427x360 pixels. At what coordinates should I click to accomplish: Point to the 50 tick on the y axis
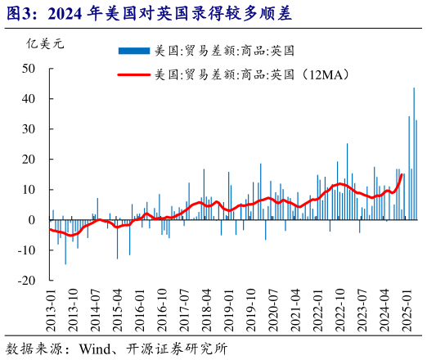(x=29, y=69)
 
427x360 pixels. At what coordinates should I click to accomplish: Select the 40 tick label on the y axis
(x=29, y=99)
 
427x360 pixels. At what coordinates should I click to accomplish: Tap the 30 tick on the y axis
(x=29, y=129)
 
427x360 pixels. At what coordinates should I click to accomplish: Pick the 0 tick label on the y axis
(x=32, y=219)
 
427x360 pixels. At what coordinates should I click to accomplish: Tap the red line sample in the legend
(x=134, y=75)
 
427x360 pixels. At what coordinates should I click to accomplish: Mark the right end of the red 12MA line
(x=402, y=174)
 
